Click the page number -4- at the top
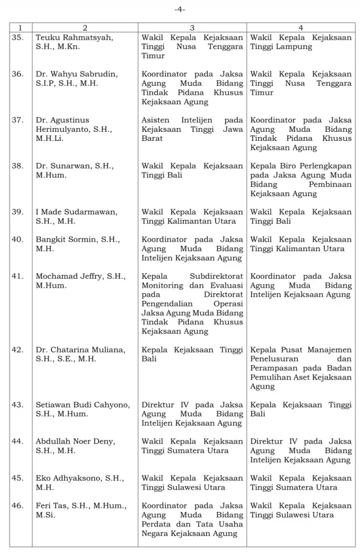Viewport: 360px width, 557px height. [x=180, y=10]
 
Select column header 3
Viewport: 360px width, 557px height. [x=192, y=28]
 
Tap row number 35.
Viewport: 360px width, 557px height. [x=17, y=37]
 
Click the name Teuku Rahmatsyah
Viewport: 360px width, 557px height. [x=74, y=37]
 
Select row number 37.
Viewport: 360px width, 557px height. [x=17, y=120]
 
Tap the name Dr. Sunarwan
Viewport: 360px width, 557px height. [x=67, y=165]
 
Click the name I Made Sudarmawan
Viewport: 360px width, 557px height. [x=77, y=212]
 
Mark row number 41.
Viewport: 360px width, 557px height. [x=17, y=276]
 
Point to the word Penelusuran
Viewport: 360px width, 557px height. [x=277, y=359]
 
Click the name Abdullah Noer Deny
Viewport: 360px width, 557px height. [x=75, y=441]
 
